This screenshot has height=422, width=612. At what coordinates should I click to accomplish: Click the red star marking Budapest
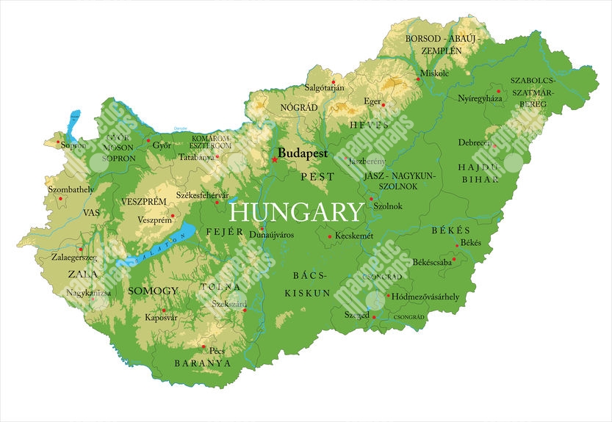(275, 159)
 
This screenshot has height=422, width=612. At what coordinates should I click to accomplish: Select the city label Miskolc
(434, 73)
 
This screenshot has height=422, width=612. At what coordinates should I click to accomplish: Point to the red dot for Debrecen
(495, 146)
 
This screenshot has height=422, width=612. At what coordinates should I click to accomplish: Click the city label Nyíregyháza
(480, 98)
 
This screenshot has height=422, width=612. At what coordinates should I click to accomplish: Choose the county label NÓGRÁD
(299, 107)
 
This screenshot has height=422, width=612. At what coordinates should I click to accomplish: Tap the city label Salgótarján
(324, 88)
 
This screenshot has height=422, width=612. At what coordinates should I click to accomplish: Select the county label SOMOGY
(153, 291)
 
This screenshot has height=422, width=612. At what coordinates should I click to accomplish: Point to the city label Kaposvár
(161, 318)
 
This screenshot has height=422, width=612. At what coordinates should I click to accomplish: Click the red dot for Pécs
(204, 346)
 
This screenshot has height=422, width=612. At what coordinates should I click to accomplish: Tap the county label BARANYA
(202, 363)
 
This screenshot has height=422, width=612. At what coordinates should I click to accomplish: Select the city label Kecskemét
(354, 236)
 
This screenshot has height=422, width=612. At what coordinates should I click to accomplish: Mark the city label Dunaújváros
(271, 235)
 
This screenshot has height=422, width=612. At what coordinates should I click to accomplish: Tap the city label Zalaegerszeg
(74, 258)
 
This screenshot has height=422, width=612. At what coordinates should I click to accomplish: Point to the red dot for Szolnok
(371, 198)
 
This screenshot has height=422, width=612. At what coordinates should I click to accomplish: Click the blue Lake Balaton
(154, 250)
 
